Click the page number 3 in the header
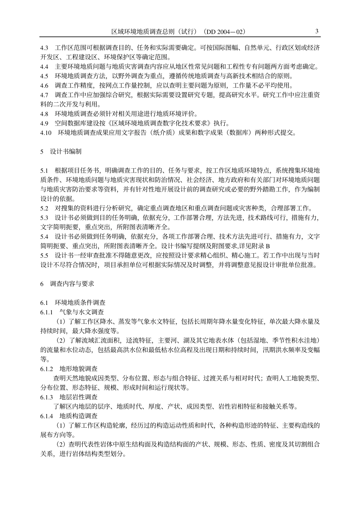(317, 31)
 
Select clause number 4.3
(44, 48)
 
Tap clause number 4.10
(46, 132)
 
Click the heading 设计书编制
(66, 151)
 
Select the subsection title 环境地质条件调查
(80, 303)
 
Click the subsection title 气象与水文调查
(82, 312)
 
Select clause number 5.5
(44, 255)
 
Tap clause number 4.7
(44, 95)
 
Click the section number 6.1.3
(47, 397)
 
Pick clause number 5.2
(44, 208)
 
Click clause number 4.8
(44, 114)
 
